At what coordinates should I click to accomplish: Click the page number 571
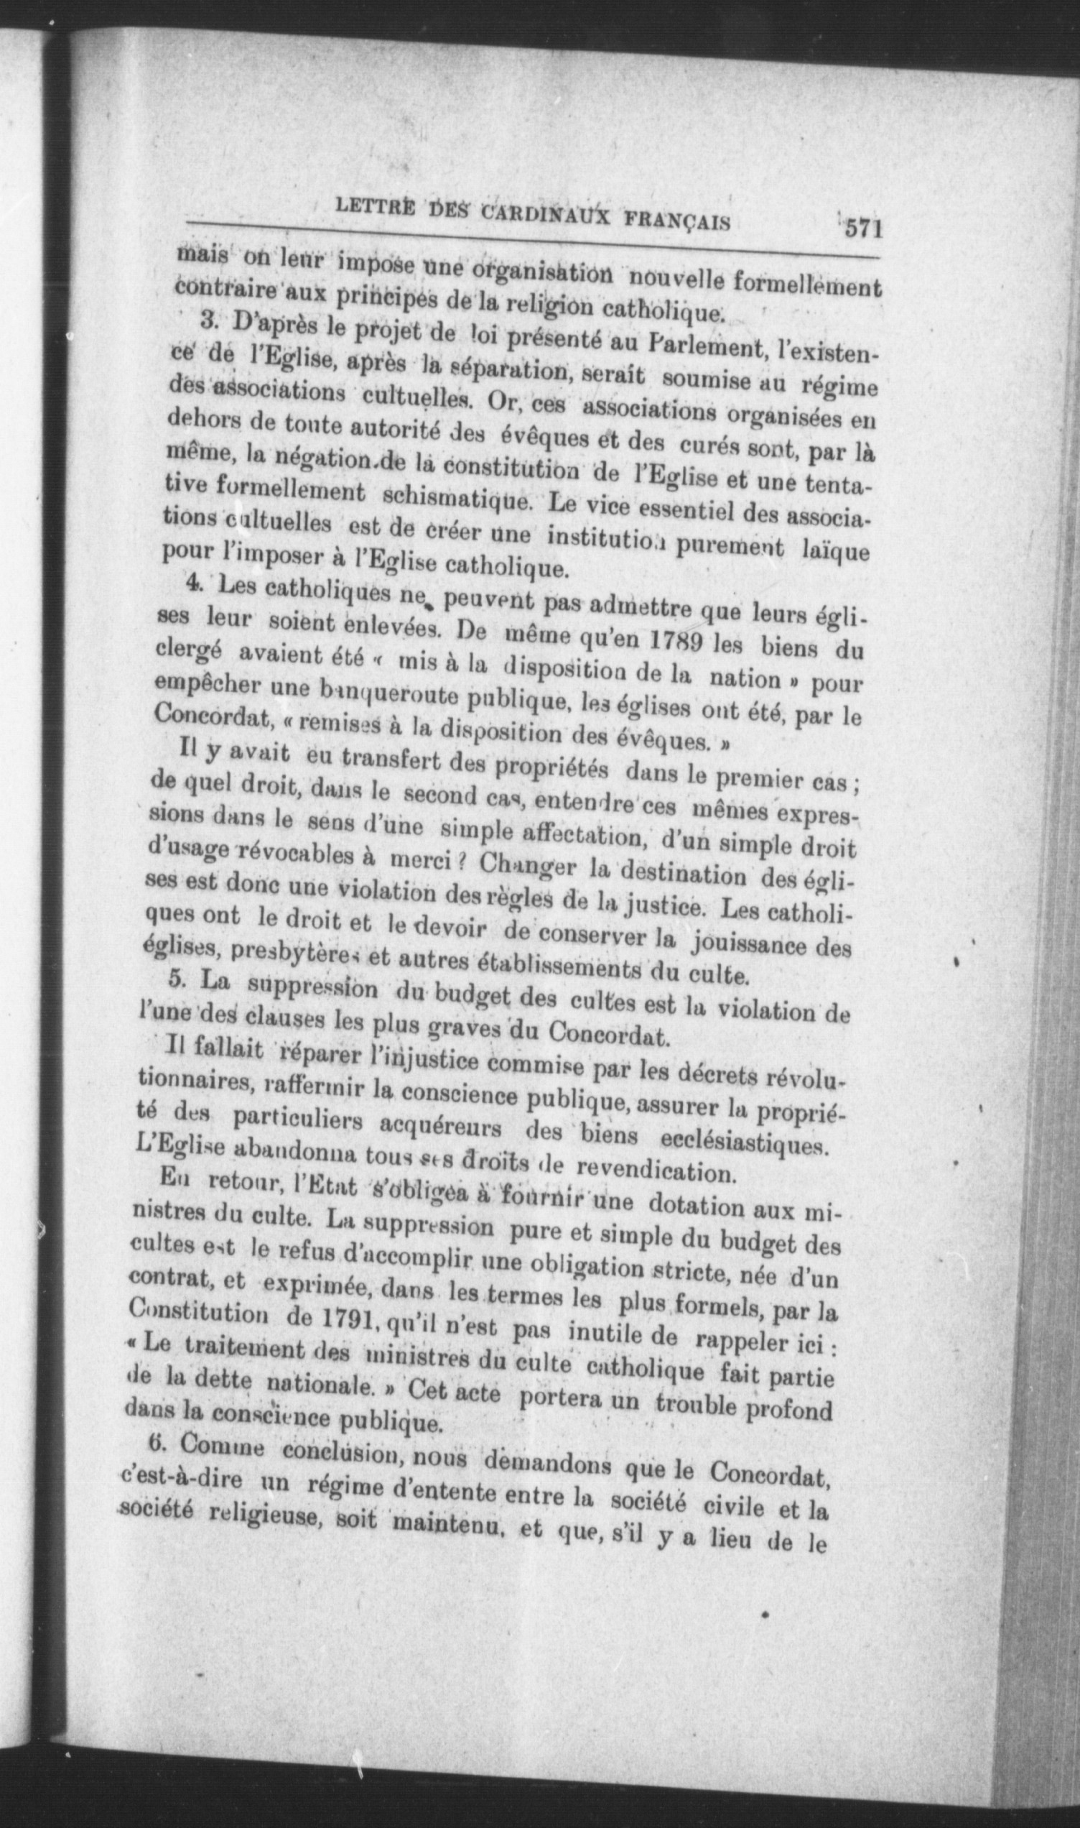(863, 228)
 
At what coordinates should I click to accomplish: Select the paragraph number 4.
(192, 583)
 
